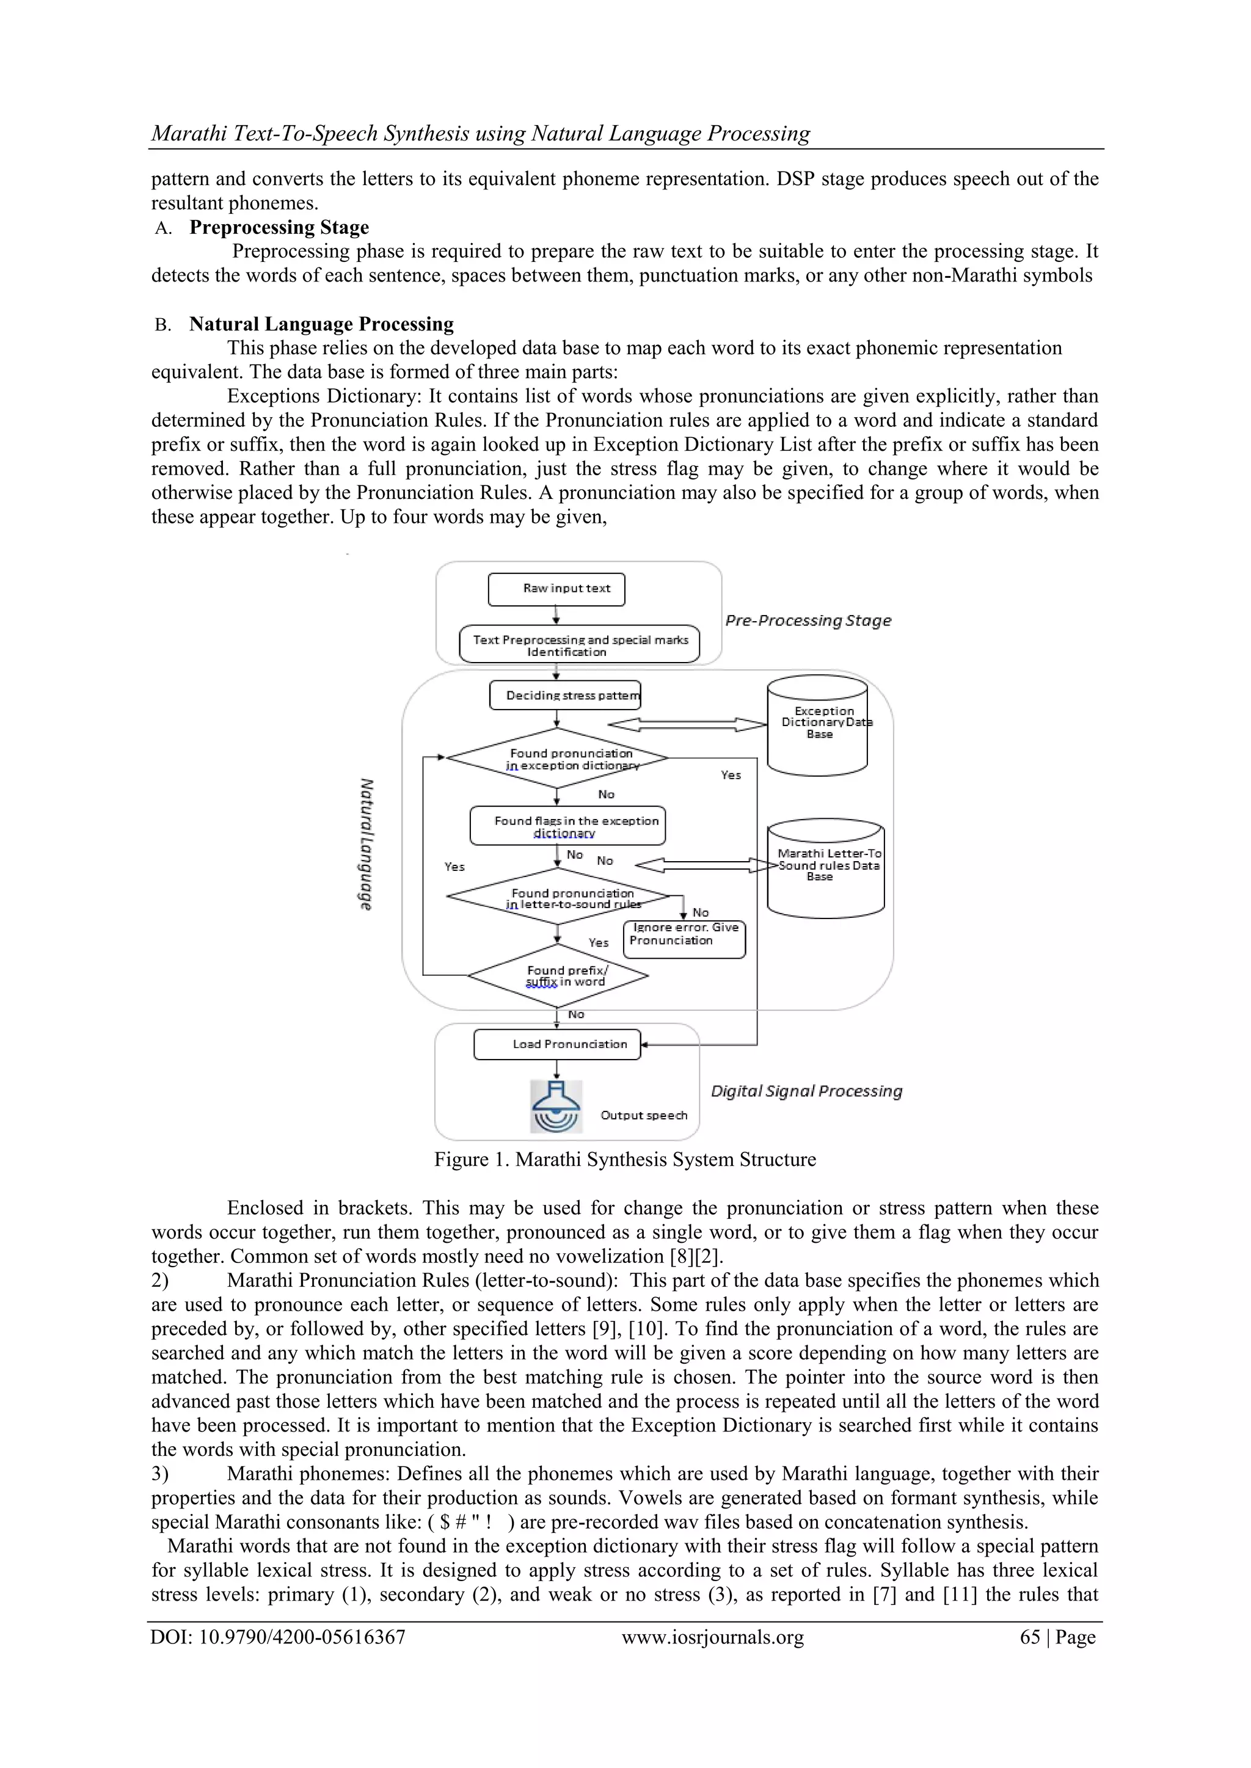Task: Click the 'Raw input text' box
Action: point(556,589)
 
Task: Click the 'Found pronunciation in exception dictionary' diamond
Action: point(557,758)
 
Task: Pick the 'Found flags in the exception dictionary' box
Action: point(567,826)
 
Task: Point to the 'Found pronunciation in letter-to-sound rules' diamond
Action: point(557,897)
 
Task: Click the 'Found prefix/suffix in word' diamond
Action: point(558,976)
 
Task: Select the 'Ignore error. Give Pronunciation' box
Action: point(684,939)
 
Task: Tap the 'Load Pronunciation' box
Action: point(557,1044)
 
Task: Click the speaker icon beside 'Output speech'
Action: point(556,1107)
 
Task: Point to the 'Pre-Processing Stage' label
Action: point(808,620)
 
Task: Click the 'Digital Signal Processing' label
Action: point(806,1091)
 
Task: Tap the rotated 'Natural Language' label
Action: point(367,844)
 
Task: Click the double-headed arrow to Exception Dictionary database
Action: point(687,724)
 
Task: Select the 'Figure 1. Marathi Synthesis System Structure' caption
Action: point(625,1160)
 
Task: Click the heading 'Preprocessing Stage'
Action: point(279,227)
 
